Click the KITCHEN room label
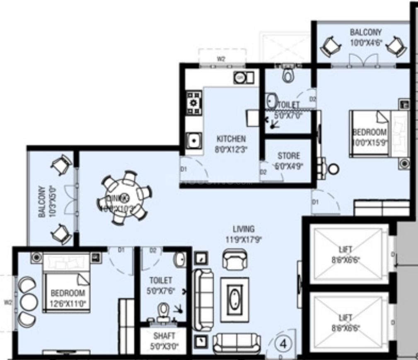pyautogui.click(x=231, y=139)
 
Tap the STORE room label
pyautogui.click(x=289, y=156)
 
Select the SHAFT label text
pyautogui.click(x=164, y=336)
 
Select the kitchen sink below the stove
pyautogui.click(x=193, y=141)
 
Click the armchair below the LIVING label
pyautogui.click(x=234, y=260)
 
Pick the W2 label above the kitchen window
pyautogui.click(x=221, y=59)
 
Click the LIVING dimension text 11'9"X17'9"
pyautogui.click(x=244, y=239)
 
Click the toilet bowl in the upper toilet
pyautogui.click(x=288, y=75)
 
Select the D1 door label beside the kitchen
pyautogui.click(x=184, y=169)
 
